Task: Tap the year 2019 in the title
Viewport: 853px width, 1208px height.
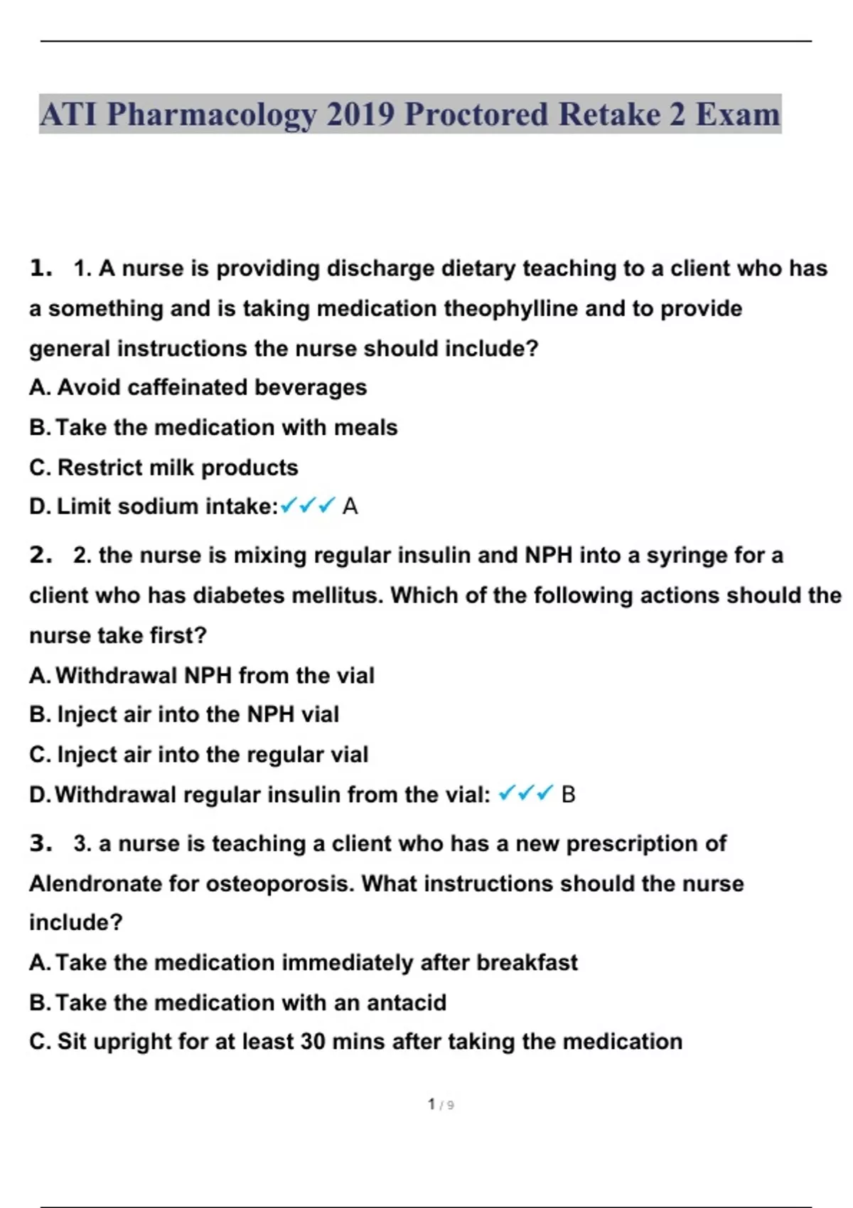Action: [360, 114]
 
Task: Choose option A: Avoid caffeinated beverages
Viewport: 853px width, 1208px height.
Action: [198, 387]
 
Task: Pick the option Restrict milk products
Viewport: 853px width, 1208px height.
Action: [163, 468]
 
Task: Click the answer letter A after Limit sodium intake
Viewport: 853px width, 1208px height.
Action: [350, 507]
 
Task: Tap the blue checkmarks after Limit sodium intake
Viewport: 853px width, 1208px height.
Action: [307, 506]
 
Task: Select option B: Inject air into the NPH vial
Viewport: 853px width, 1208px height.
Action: [184, 714]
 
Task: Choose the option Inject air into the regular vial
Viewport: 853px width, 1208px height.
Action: [199, 755]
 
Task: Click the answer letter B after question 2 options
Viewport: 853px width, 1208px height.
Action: [568, 794]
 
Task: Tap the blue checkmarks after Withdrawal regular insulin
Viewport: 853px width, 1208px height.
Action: [525, 794]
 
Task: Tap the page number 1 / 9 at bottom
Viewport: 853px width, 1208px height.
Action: [441, 1104]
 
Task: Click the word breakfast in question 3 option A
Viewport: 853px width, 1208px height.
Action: [527, 963]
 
